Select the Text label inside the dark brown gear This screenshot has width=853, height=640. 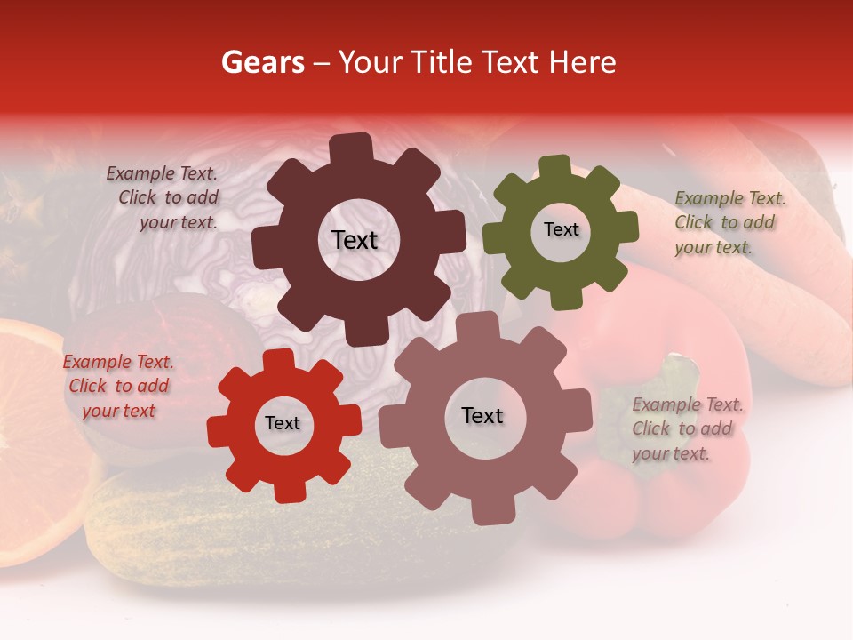[x=355, y=240]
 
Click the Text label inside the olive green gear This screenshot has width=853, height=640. [x=561, y=229]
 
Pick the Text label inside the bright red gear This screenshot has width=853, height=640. [x=283, y=423]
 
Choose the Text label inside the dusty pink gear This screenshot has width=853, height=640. [x=482, y=415]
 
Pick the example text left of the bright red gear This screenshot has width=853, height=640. [x=118, y=386]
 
